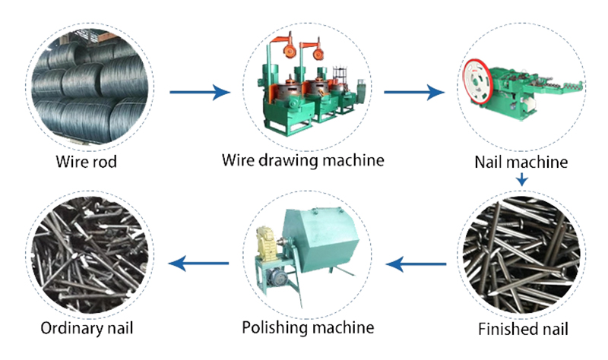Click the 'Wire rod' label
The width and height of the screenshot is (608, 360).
[86, 162]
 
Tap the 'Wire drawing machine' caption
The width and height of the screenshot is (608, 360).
[302, 160]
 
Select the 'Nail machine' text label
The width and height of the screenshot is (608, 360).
[521, 162]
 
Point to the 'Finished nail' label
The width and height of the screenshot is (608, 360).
[523, 330]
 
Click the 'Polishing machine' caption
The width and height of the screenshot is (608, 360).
[309, 328]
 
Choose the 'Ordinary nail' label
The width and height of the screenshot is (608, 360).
[87, 328]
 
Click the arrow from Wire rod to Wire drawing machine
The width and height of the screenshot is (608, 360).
[200, 92]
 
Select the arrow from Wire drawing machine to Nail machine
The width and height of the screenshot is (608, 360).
[414, 92]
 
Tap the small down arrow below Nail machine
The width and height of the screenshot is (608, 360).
[522, 180]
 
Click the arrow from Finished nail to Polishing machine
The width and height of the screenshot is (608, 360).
[416, 264]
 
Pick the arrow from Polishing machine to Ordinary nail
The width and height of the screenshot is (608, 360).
[198, 264]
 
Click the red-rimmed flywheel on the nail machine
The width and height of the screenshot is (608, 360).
[478, 81]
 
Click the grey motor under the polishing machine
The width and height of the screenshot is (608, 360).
[277, 277]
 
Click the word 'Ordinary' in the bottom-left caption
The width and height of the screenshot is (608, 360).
[71, 328]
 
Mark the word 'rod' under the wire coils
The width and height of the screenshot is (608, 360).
[105, 162]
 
